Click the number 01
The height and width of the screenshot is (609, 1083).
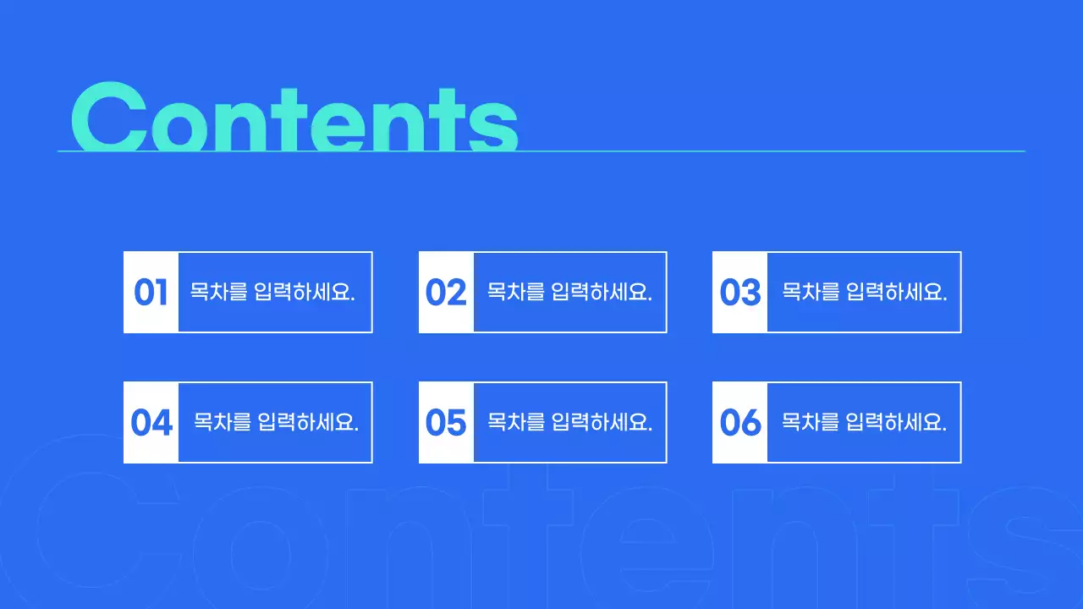tap(151, 293)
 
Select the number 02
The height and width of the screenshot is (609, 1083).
tap(446, 293)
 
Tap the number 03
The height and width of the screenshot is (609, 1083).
tap(740, 293)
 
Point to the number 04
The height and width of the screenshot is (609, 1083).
tap(151, 423)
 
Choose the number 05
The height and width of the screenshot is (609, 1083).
tap(446, 423)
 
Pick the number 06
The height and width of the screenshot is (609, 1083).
tap(740, 423)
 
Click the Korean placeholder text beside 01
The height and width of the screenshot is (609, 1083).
tap(272, 293)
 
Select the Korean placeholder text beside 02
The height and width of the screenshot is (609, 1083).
tap(569, 293)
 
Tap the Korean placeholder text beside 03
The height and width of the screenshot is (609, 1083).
tap(864, 293)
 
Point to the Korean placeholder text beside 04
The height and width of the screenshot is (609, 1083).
tap(276, 422)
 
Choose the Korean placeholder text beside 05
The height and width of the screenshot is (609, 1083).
tap(569, 422)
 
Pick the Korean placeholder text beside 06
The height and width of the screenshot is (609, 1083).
tap(864, 422)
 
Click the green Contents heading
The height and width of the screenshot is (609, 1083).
tap(294, 118)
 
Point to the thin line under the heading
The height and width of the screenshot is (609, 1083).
tap(761, 151)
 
